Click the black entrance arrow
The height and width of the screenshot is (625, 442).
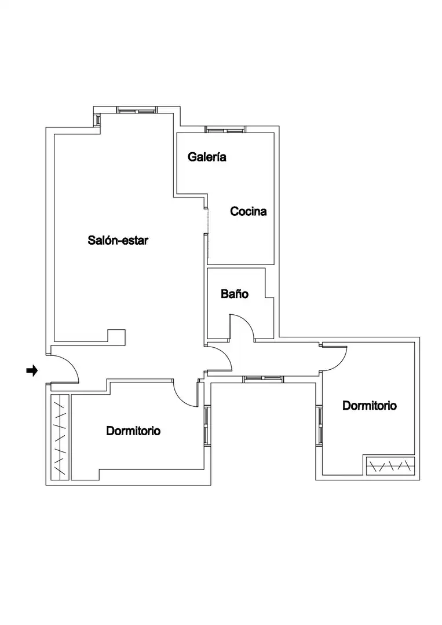click(x=32, y=371)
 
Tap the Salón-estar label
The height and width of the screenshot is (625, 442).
click(x=118, y=240)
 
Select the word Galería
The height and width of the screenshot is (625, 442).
click(x=207, y=157)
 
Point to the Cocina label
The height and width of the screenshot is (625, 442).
click(x=248, y=211)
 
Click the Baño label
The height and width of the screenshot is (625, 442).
click(x=235, y=294)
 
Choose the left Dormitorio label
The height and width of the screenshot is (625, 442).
click(x=133, y=431)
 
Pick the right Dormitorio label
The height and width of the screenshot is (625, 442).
click(x=370, y=405)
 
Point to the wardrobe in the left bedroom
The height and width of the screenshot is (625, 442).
click(x=60, y=437)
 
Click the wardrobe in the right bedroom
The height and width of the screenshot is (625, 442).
click(x=390, y=465)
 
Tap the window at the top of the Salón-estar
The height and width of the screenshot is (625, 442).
click(x=137, y=110)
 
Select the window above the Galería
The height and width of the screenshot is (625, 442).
click(x=225, y=129)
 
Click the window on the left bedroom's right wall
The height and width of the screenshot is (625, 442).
click(x=207, y=425)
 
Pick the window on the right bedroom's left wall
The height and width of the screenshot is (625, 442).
click(x=319, y=425)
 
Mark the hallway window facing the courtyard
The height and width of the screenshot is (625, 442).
click(x=263, y=379)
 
